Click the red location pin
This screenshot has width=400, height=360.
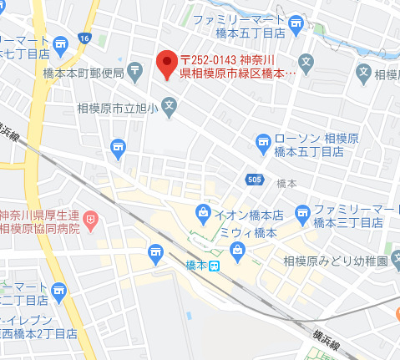[x=166, y=63]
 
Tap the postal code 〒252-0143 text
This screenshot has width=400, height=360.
[x=209, y=58]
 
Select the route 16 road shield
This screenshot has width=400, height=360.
[x=84, y=38]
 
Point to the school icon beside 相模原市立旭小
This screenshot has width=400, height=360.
[x=170, y=106]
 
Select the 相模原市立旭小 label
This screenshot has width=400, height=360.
[x=118, y=107]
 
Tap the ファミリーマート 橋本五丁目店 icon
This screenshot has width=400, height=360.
[x=295, y=25]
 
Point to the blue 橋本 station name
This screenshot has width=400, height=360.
[x=195, y=266]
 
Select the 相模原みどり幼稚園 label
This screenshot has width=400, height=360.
[x=336, y=260]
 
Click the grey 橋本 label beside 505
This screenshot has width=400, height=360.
[x=286, y=182]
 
